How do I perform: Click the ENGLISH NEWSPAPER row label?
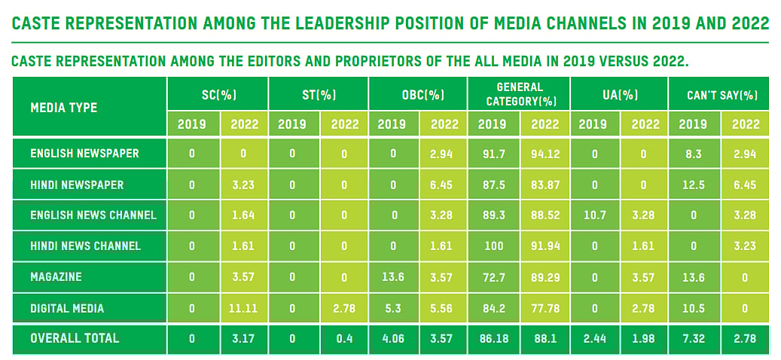pyautogui.click(x=84, y=153)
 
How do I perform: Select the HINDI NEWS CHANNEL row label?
pyautogui.click(x=85, y=246)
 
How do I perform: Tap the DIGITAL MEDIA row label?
pyautogui.click(x=67, y=307)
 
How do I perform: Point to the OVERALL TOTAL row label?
pyautogui.click(x=75, y=338)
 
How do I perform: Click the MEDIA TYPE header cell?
pyautogui.click(x=64, y=108)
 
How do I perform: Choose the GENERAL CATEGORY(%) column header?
pyautogui.click(x=520, y=94)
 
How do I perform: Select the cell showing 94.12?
pyautogui.click(x=546, y=153)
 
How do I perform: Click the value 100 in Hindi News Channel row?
pyautogui.click(x=493, y=246)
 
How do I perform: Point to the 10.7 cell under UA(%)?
pyautogui.click(x=594, y=215)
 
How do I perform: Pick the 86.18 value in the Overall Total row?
pyautogui.click(x=493, y=338)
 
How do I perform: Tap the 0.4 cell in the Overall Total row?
pyautogui.click(x=345, y=338)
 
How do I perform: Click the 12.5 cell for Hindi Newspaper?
pyautogui.click(x=694, y=184)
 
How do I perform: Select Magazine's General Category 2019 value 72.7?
pyautogui.click(x=493, y=276)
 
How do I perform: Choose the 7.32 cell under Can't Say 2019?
pyautogui.click(x=694, y=338)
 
